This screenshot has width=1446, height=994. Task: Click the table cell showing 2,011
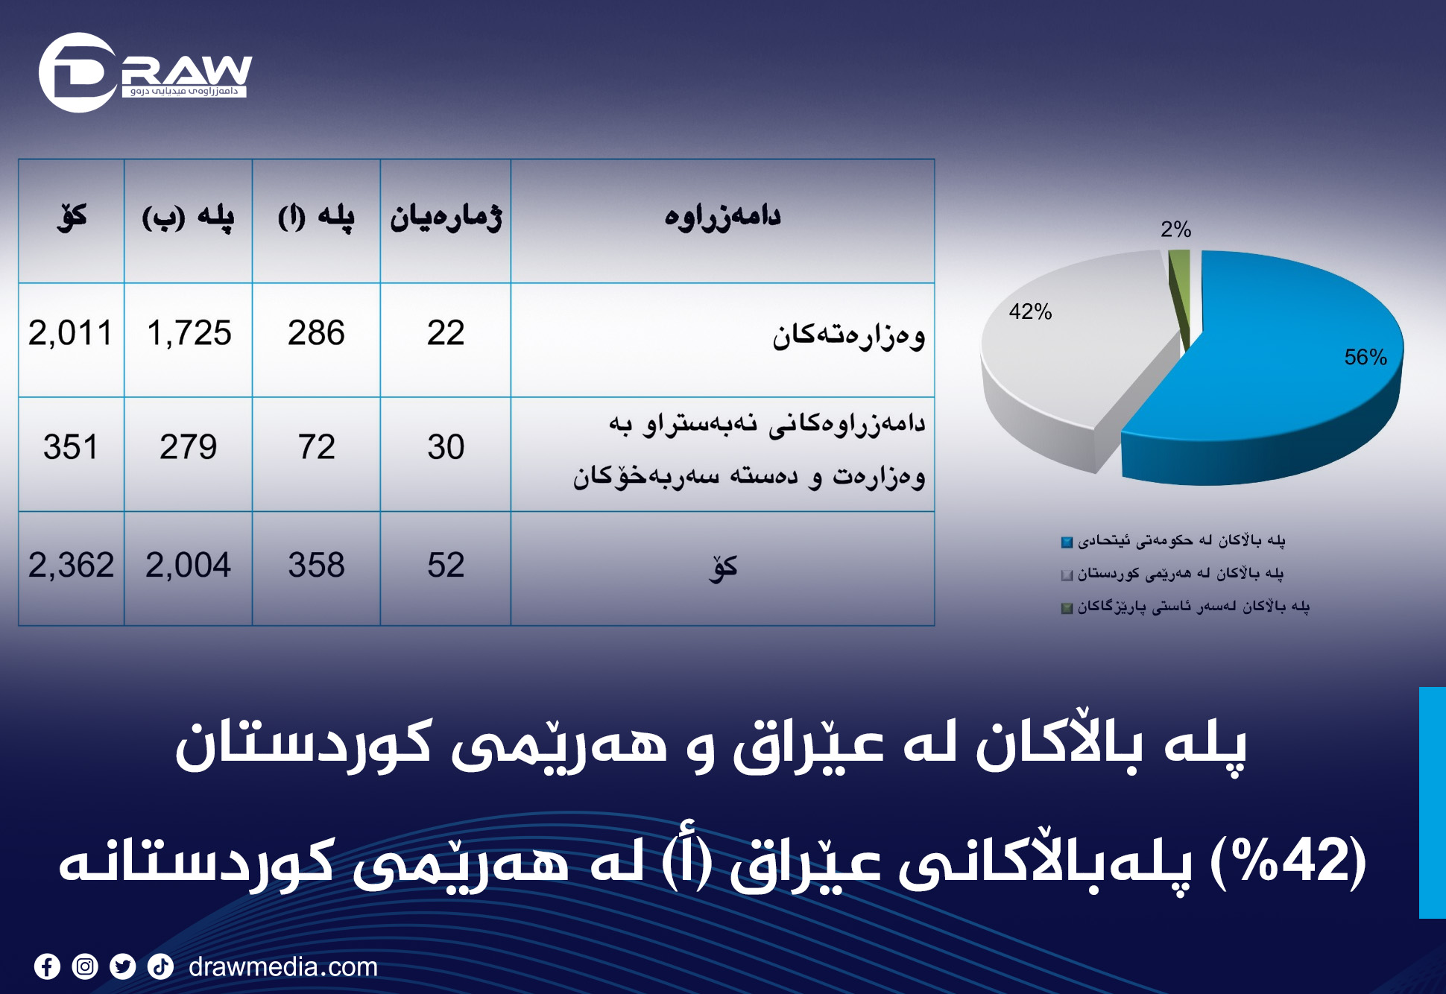point(71,340)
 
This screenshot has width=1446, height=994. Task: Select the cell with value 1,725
point(189,340)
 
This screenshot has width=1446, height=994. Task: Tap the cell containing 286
point(316,340)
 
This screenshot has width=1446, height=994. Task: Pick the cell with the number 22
point(446,340)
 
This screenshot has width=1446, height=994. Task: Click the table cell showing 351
point(71,454)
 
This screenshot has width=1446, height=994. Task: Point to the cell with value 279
point(189,454)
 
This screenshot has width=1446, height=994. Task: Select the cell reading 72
point(316,454)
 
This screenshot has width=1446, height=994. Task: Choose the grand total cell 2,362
point(71,568)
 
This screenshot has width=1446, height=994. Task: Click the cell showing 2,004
point(189,568)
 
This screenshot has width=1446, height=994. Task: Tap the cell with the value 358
point(316,568)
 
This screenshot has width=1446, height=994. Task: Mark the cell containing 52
point(446,568)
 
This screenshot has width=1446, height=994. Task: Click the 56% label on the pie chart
point(1366,357)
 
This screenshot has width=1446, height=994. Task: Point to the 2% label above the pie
point(1175,229)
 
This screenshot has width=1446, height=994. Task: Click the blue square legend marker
point(1067,542)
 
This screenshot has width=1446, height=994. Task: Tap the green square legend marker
point(1067,608)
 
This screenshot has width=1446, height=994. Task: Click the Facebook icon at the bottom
point(47,966)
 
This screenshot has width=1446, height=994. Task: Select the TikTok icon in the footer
point(160,966)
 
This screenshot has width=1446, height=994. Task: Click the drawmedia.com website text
point(283,966)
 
